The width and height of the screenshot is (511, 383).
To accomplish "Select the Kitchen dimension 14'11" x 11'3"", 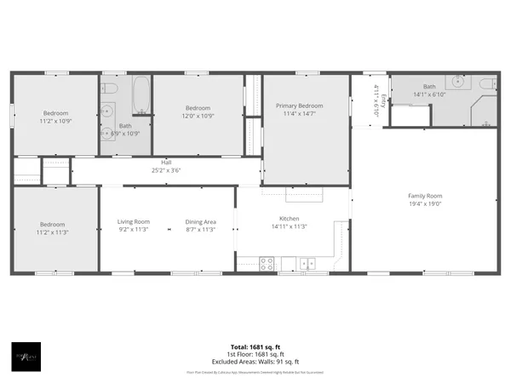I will pyautogui.click(x=288, y=226).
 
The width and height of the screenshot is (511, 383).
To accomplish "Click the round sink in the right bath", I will pyautogui.click(x=458, y=83).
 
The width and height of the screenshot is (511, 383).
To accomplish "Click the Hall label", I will pyautogui.click(x=167, y=162).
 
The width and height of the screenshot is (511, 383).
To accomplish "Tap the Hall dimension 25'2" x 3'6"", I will pyautogui.click(x=167, y=170).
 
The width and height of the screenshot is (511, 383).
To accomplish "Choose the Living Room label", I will pyautogui.click(x=133, y=221).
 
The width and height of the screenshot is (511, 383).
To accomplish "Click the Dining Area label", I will pyautogui.click(x=200, y=221).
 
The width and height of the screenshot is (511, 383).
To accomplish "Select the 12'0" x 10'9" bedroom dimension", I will pyautogui.click(x=198, y=115).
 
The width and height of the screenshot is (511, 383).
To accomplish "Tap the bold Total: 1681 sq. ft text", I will pyautogui.click(x=255, y=346).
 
